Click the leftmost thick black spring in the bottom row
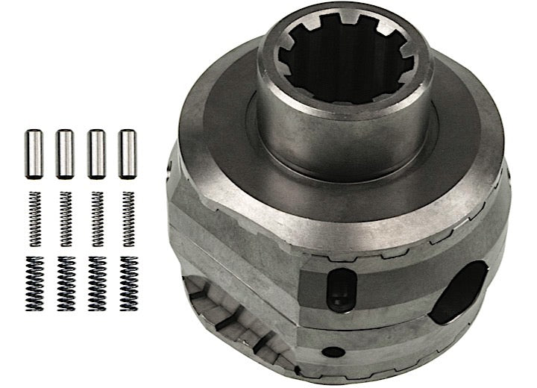click(34, 284)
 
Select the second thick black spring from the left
click(66, 284)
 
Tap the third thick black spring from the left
click(97, 284)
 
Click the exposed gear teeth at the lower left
click(224, 313)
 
